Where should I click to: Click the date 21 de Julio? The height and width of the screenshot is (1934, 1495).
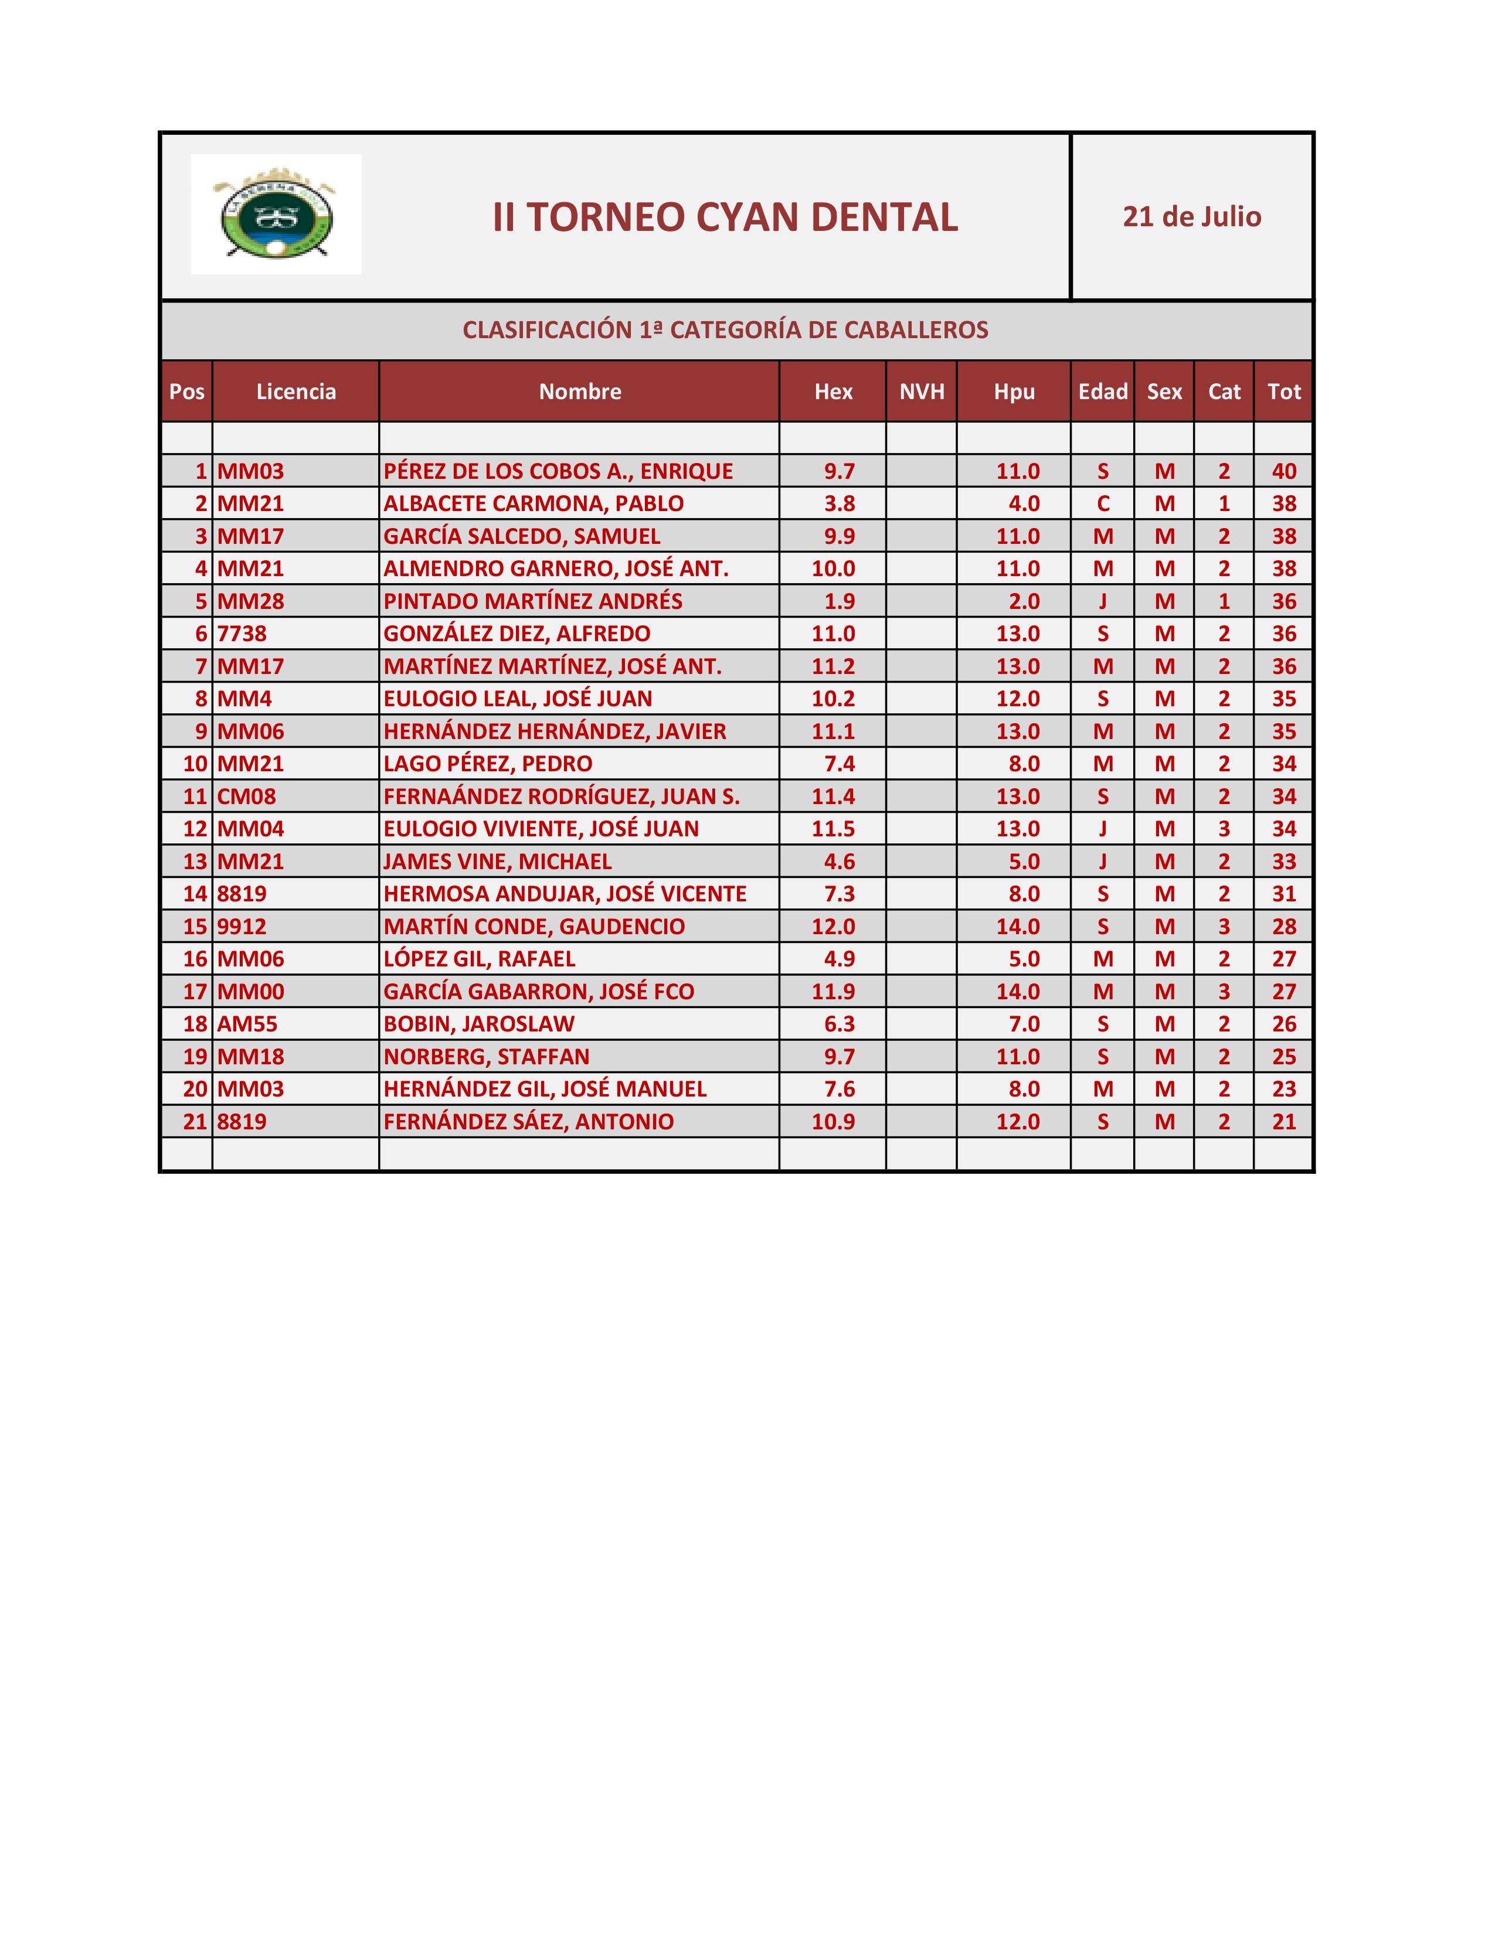[x=1191, y=217]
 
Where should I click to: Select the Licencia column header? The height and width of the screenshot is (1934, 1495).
[x=296, y=391]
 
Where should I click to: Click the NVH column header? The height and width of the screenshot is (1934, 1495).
[x=921, y=391]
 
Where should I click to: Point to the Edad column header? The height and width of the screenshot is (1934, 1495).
[x=1102, y=391]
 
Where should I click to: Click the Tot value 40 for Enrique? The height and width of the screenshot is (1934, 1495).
[x=1283, y=471]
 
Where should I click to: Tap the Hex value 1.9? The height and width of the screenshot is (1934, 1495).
[x=839, y=601]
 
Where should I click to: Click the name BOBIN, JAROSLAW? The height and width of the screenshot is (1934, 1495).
[x=478, y=1024]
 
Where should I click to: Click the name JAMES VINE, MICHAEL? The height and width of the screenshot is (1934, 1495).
[x=497, y=862]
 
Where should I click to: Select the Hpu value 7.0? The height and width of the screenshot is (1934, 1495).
[x=1023, y=1024]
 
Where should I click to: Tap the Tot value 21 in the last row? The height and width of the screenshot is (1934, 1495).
[x=1283, y=1122]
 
